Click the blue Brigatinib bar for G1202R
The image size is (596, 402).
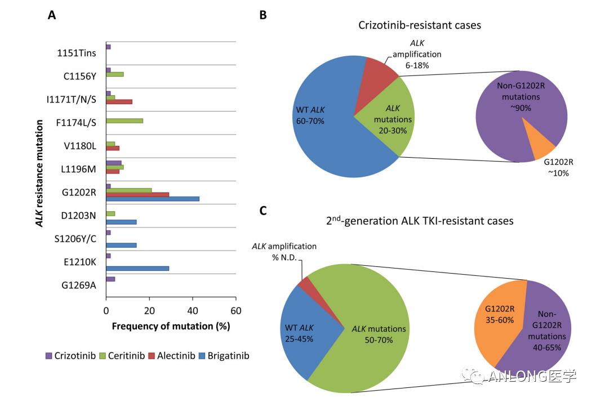coord(152,199)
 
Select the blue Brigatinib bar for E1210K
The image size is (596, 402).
coord(137,269)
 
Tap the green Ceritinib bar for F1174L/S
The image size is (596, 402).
coord(124,120)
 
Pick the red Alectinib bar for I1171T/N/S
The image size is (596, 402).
coord(119,102)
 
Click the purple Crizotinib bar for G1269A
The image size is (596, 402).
coord(110,279)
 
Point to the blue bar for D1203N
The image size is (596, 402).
coord(121,222)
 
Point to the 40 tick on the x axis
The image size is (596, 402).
coord(193,311)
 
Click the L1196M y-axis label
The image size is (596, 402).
coord(79,169)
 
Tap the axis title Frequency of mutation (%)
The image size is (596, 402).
coord(171,326)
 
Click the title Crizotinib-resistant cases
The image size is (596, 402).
coord(420,25)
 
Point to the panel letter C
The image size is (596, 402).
coord(263,211)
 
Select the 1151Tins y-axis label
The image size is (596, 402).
coord(76,53)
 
